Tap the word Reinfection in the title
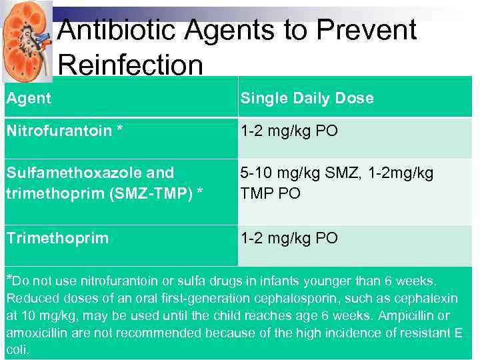130,65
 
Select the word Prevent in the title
366,30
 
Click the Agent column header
29,98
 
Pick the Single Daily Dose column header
307,98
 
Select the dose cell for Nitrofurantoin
289,131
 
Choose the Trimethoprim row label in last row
57,238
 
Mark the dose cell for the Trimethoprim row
289,238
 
